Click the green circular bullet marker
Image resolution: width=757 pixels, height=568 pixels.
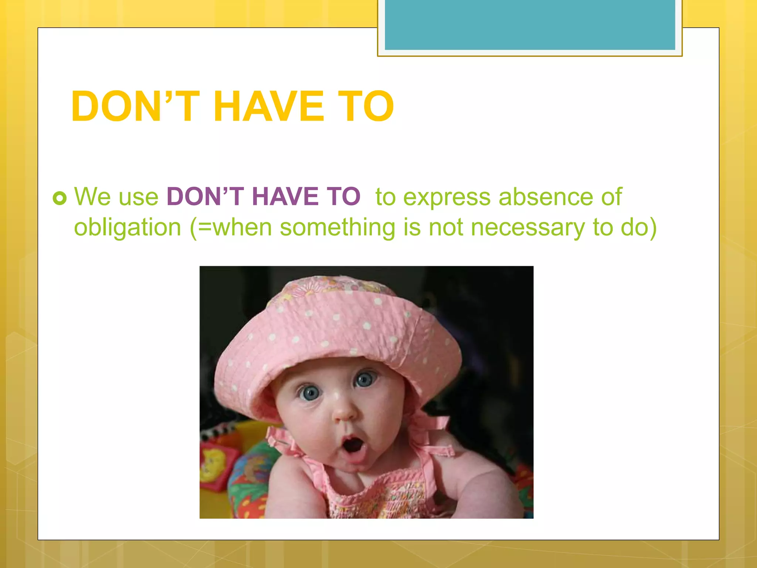tap(60, 198)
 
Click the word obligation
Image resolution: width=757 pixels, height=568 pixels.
tap(128, 227)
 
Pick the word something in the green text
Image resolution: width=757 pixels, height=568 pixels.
tap(337, 227)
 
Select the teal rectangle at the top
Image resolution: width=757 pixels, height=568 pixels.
tap(530, 24)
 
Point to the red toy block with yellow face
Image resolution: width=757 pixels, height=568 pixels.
tap(214, 462)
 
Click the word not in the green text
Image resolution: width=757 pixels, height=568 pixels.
tap(445, 227)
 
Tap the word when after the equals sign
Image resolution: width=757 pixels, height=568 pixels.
tap(242, 227)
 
